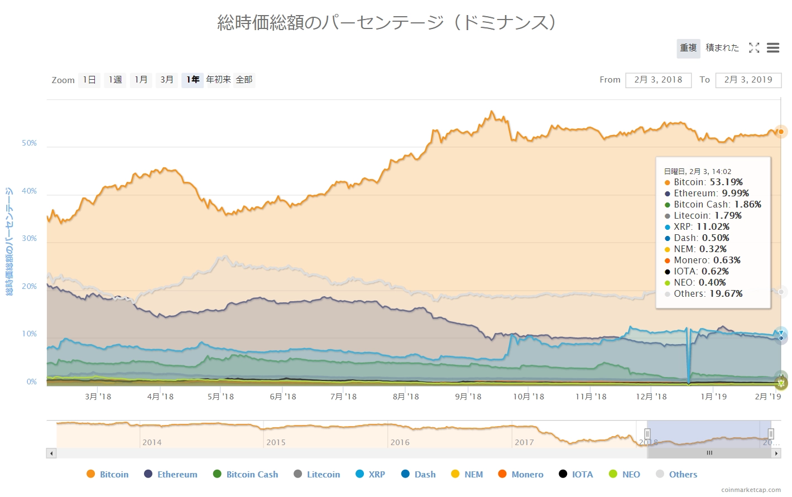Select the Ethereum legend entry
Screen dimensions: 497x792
tap(171, 474)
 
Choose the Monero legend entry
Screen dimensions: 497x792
tap(521, 474)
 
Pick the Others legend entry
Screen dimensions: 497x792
tap(676, 474)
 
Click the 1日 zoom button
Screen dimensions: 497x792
tap(89, 80)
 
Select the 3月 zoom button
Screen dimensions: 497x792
tap(167, 80)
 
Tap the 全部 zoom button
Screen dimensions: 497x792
tap(244, 80)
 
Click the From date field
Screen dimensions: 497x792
tap(658, 80)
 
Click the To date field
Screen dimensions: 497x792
tap(748, 80)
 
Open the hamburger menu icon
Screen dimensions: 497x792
tap(773, 48)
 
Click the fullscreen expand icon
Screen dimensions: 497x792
tap(754, 48)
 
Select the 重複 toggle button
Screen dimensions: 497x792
tap(688, 48)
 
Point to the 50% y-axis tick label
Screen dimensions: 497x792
tap(29, 143)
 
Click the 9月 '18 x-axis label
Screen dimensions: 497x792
tap(468, 397)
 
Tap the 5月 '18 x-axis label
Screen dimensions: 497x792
tap(220, 397)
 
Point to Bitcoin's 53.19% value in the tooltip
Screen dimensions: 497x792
tap(726, 182)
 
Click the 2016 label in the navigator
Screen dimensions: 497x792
tap(400, 442)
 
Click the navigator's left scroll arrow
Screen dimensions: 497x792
tap(51, 453)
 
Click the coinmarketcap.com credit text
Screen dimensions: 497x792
tap(751, 490)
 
